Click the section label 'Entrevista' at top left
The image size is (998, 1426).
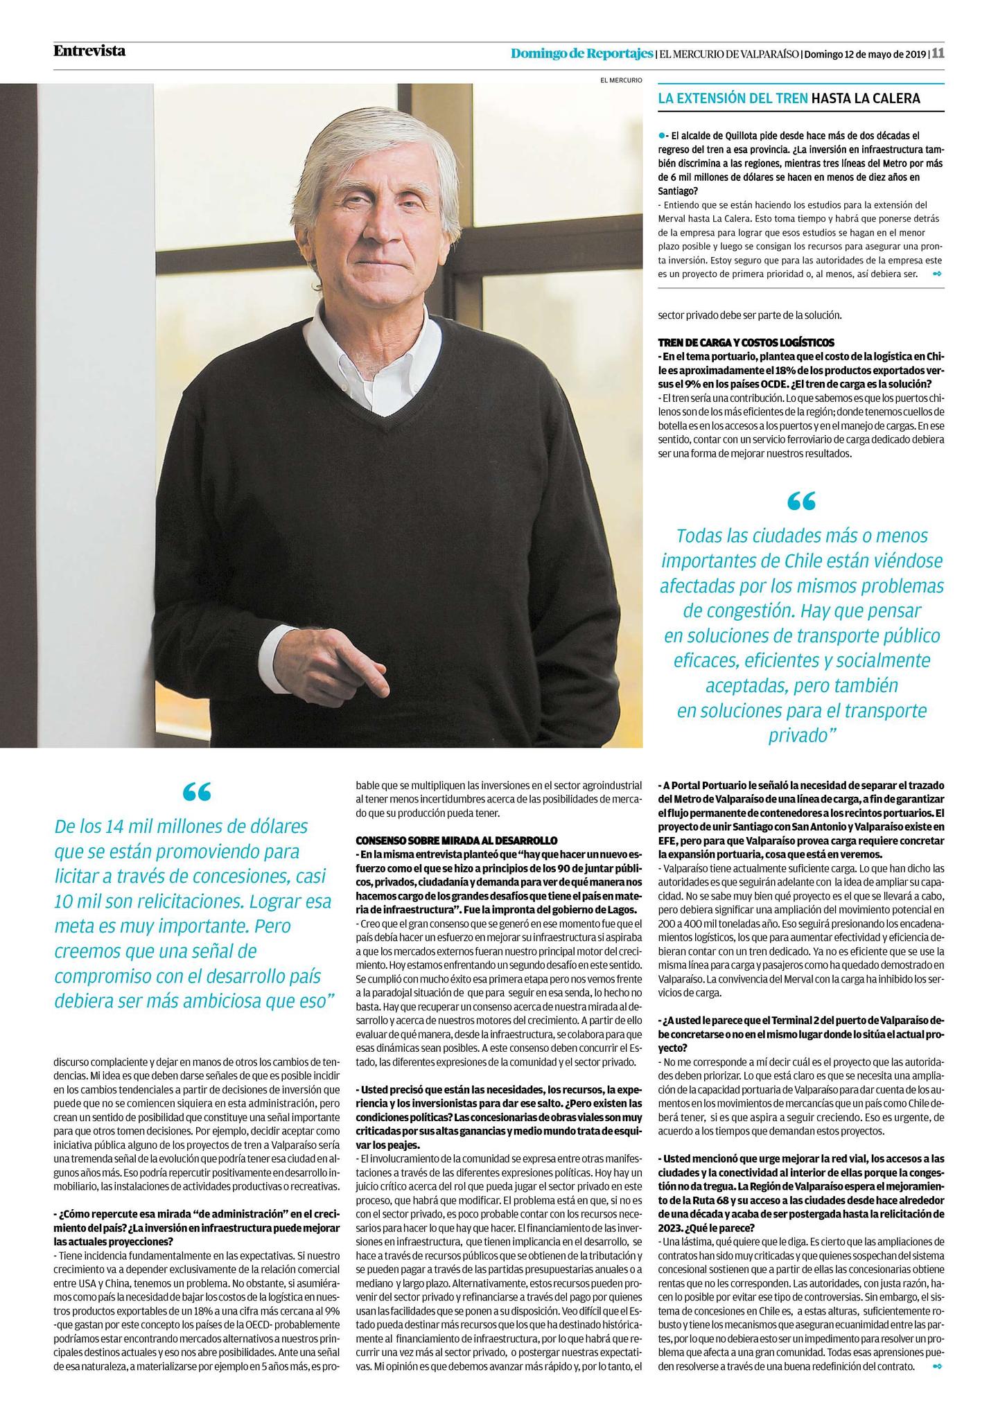(89, 51)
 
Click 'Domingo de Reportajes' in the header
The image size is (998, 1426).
(581, 53)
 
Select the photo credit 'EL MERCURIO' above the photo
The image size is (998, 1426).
(621, 80)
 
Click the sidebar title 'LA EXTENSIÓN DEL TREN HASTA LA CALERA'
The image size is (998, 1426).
(789, 98)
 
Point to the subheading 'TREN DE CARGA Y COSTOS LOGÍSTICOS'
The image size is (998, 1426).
(746, 342)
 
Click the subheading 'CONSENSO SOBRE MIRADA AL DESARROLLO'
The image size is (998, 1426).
(456, 840)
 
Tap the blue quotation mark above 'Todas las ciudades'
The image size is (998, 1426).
(801, 501)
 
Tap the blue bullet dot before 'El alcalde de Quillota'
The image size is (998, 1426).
(662, 135)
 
